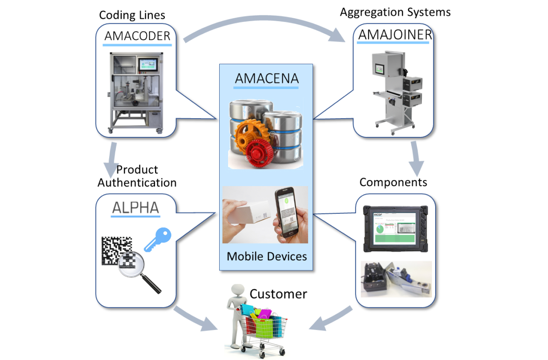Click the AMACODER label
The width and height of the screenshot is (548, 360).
click(137, 36)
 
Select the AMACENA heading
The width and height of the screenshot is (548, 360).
click(267, 78)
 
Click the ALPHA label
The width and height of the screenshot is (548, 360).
click(135, 208)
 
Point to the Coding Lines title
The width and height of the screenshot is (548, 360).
click(132, 15)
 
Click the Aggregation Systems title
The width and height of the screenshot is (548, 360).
click(395, 12)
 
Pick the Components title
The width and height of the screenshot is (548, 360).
click(393, 182)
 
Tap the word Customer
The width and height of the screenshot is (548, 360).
click(278, 294)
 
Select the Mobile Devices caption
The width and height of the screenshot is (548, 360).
click(267, 256)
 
